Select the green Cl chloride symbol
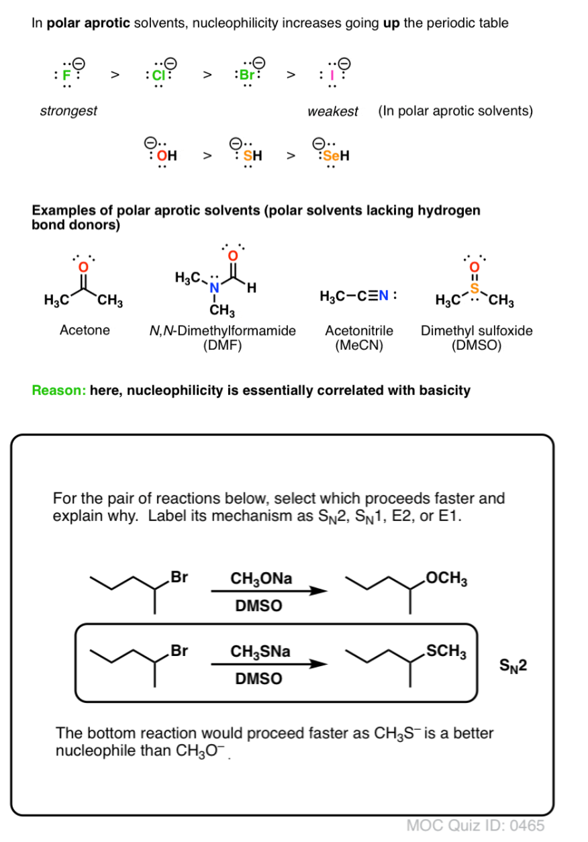tap(158, 75)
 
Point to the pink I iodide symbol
tap(332, 75)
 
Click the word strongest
tap(68, 111)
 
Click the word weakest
tap(333, 111)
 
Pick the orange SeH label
tap(337, 156)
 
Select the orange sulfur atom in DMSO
tap(473, 289)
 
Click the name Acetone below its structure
tap(85, 331)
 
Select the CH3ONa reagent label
tap(261, 579)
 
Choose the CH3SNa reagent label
tap(261, 651)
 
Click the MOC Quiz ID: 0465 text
tap(476, 825)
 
